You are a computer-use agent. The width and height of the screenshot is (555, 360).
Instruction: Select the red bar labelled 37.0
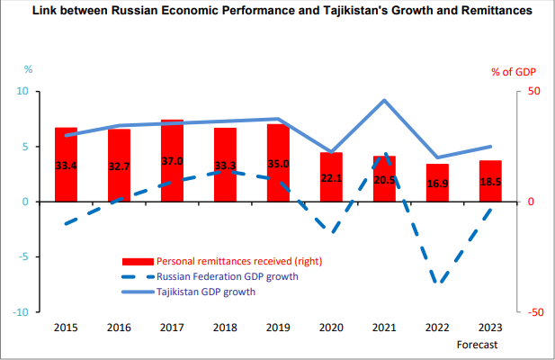[172, 161]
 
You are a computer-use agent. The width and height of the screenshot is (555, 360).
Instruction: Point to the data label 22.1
[331, 179]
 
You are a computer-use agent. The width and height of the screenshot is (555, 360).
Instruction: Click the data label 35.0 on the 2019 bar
[278, 164]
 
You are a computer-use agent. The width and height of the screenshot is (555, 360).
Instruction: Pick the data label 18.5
[491, 182]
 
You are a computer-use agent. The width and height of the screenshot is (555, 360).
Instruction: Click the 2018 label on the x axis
[225, 328]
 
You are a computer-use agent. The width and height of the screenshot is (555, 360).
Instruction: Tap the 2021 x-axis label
[385, 328]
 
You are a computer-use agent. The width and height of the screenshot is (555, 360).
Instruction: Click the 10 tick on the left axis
[25, 92]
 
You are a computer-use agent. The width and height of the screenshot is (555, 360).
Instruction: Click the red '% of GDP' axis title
[513, 71]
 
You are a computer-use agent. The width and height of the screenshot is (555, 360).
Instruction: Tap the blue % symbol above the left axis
[27, 69]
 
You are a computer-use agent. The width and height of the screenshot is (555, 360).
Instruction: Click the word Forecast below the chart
[477, 345]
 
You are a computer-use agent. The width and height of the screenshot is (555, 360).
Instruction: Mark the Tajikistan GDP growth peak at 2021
[385, 100]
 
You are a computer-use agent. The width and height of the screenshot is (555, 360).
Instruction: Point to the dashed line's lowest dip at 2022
[439, 282]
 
